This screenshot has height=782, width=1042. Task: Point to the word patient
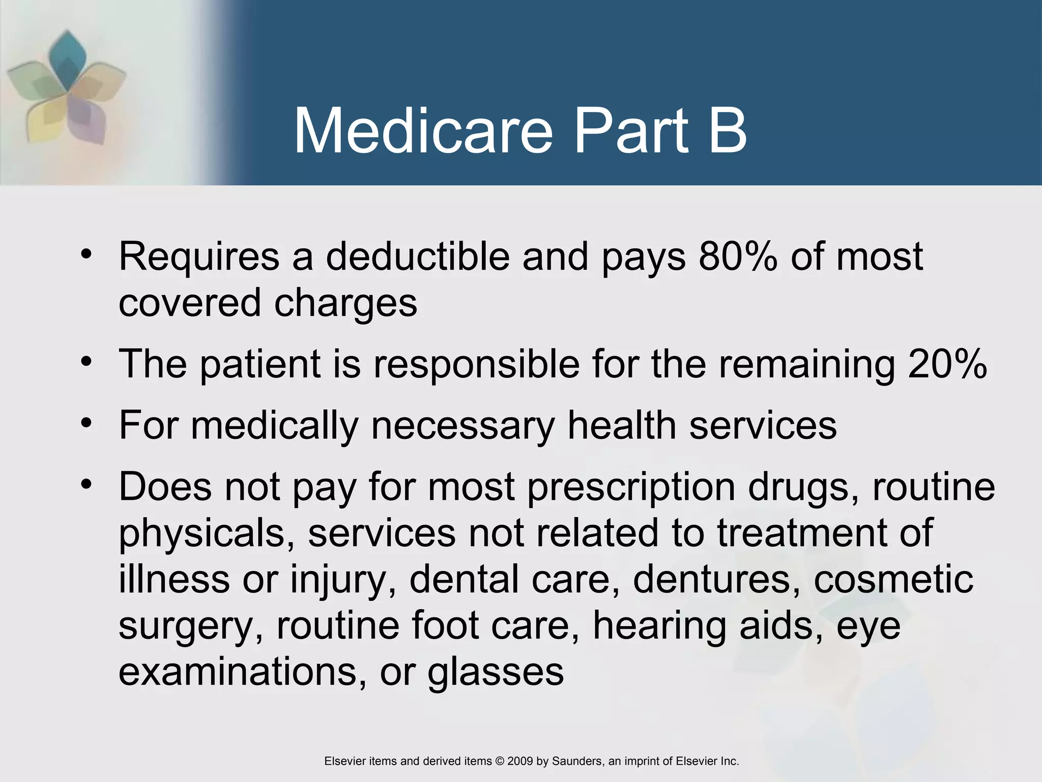click(260, 365)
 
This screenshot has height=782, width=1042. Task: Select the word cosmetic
click(893, 580)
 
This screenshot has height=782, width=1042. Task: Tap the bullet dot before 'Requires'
click(86, 254)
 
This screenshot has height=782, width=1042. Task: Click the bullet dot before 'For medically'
click(86, 423)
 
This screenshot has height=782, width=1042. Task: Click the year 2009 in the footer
click(520, 761)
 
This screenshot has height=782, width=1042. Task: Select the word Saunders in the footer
click(576, 761)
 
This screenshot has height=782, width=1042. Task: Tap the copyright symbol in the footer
click(500, 761)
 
